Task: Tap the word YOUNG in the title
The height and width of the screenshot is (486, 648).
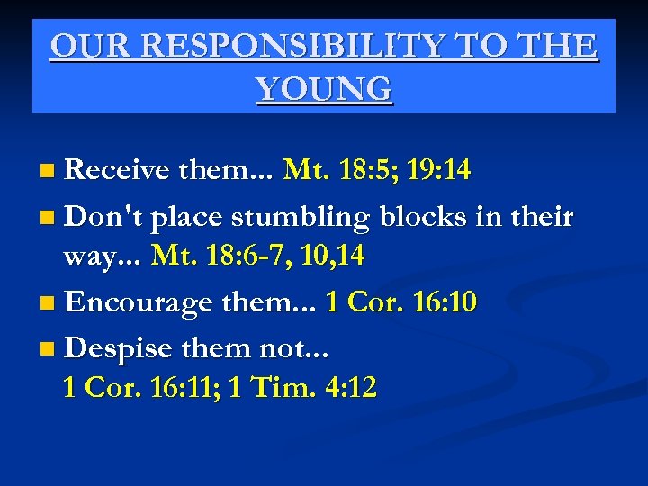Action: (x=324, y=89)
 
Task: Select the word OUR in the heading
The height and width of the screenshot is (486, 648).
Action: (x=87, y=46)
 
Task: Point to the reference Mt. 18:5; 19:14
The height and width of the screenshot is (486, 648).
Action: (x=376, y=169)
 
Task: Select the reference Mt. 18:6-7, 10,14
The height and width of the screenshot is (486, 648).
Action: (x=258, y=256)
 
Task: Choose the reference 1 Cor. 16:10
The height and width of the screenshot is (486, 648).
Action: (x=401, y=301)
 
